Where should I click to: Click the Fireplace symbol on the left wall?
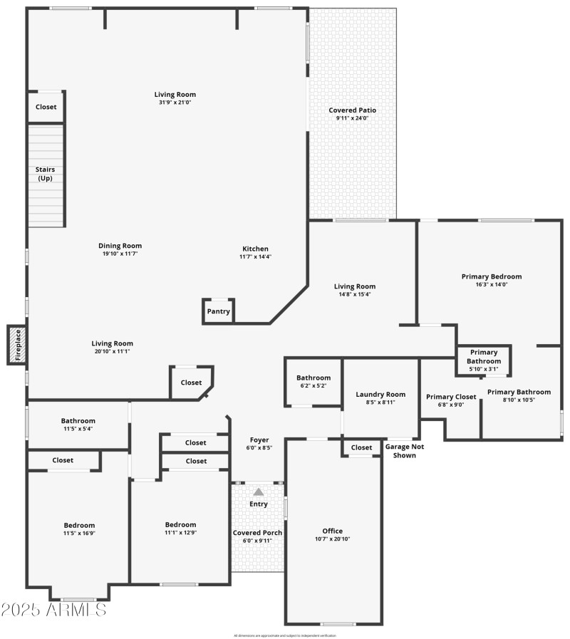coord(17,345)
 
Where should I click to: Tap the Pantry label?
coord(218,311)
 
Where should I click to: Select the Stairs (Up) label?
coord(45,174)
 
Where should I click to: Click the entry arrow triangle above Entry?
coord(259,492)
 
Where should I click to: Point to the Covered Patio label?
coord(352,110)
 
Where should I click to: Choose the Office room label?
coord(332,531)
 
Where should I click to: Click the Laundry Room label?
coord(380,394)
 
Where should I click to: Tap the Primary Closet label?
coord(450,397)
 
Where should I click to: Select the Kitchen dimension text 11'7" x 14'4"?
coord(255,256)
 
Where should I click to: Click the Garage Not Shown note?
coord(400,451)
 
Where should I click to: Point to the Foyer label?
coord(259,440)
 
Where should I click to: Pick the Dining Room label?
coord(120,246)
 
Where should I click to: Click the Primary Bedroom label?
coord(491,276)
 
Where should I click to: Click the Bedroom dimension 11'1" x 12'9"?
coord(180,533)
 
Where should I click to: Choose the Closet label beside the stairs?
coord(46,107)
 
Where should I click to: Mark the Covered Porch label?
coord(258,532)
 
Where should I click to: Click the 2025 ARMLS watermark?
coord(54,611)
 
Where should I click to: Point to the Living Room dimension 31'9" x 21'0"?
coord(175,102)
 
